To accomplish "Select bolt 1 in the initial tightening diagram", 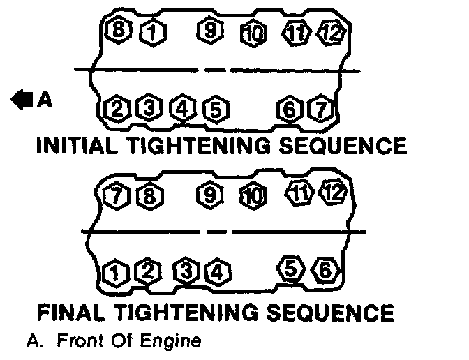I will click(148, 31).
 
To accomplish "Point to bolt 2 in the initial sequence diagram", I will click(116, 109).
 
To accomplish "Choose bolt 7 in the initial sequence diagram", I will click(320, 109).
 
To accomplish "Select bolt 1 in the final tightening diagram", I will click(114, 271).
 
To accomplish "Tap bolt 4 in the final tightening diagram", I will click(217, 271).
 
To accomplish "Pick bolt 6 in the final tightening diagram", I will click(323, 268).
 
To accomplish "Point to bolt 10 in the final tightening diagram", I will click(252, 195).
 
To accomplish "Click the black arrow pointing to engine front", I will click(22, 100).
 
